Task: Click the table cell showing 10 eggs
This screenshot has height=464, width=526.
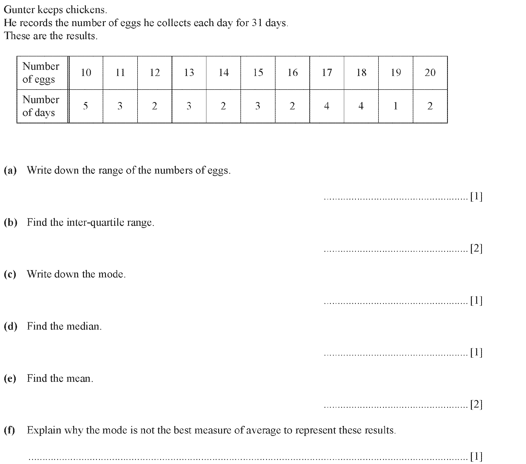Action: pos(86,73)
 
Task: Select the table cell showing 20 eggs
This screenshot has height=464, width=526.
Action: pos(430,73)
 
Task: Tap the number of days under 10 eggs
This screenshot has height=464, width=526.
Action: pos(85,106)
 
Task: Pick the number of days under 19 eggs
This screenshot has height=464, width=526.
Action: pos(396,106)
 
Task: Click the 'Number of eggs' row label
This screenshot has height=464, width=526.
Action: pos(41,73)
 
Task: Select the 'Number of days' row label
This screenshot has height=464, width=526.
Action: pos(41,106)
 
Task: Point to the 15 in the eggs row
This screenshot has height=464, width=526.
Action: pos(258,73)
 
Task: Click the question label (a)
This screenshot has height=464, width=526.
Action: pos(10,170)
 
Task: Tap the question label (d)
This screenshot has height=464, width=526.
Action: pos(11,326)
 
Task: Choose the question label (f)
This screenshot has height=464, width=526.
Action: pos(10,430)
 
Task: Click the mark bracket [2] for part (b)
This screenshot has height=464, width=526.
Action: pos(476,248)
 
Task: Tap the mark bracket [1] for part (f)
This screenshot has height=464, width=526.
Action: pos(476,456)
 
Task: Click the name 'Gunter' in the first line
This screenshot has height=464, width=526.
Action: pos(19,10)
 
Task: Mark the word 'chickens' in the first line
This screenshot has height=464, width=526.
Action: pos(86,10)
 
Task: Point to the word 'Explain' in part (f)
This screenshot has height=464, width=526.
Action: pos(44,430)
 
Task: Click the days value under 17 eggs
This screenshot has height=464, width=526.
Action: pos(327,106)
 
